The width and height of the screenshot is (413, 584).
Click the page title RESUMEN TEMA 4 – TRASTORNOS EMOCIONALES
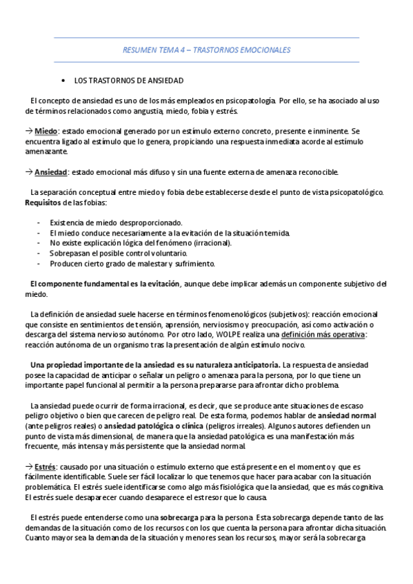point(206,50)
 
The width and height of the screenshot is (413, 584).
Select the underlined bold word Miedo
point(46,131)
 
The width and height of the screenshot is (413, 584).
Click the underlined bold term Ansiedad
point(51,171)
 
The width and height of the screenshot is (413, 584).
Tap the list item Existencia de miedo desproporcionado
point(117,222)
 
